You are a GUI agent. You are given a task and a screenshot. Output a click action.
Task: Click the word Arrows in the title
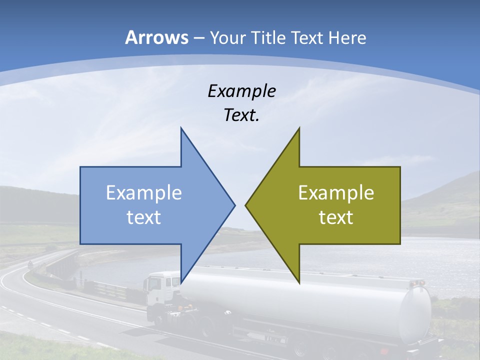[156, 37]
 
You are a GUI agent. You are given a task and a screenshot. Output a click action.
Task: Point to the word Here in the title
[347, 38]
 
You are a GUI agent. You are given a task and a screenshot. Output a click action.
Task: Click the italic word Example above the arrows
[241, 91]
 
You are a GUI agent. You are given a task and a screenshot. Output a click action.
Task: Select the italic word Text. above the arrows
[241, 115]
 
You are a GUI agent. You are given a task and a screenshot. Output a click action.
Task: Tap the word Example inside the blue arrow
[144, 193]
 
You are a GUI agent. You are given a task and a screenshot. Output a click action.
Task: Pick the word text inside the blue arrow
[144, 217]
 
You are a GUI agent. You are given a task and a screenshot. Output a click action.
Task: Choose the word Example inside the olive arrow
[336, 193]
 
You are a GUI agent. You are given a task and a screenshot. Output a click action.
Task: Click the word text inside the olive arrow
[336, 217]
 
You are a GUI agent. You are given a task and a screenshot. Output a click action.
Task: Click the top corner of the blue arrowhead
[181, 128]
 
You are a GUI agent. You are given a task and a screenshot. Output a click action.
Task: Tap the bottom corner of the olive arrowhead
[299, 282]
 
